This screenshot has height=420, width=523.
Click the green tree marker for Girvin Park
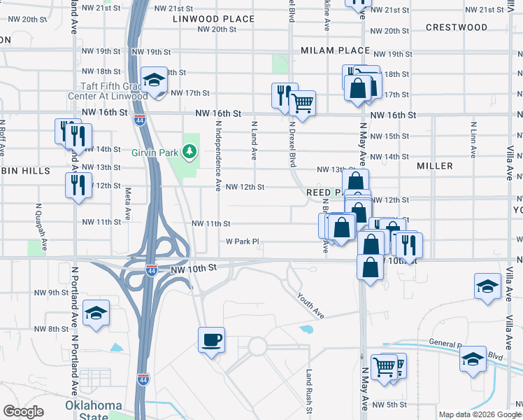click(x=188, y=150)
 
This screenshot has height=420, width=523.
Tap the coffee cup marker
click(x=211, y=341)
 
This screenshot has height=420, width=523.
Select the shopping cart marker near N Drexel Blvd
click(x=302, y=102)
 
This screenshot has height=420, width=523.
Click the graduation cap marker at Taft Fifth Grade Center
click(x=154, y=79)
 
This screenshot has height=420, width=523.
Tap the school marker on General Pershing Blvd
click(x=473, y=358)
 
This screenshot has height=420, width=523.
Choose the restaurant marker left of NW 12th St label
click(x=77, y=185)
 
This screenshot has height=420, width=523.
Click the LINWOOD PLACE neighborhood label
click(x=214, y=19)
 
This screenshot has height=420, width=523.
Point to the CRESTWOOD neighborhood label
click(x=457, y=27)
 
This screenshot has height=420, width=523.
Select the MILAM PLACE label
click(x=335, y=50)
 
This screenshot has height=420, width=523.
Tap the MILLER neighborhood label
click(x=435, y=166)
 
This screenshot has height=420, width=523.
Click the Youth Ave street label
click(x=310, y=306)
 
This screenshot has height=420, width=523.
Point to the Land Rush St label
click(x=308, y=391)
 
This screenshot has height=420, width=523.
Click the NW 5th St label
click(x=389, y=405)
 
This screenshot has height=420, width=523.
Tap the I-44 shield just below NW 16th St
click(x=140, y=120)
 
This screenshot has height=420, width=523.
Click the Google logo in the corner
click(x=23, y=411)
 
